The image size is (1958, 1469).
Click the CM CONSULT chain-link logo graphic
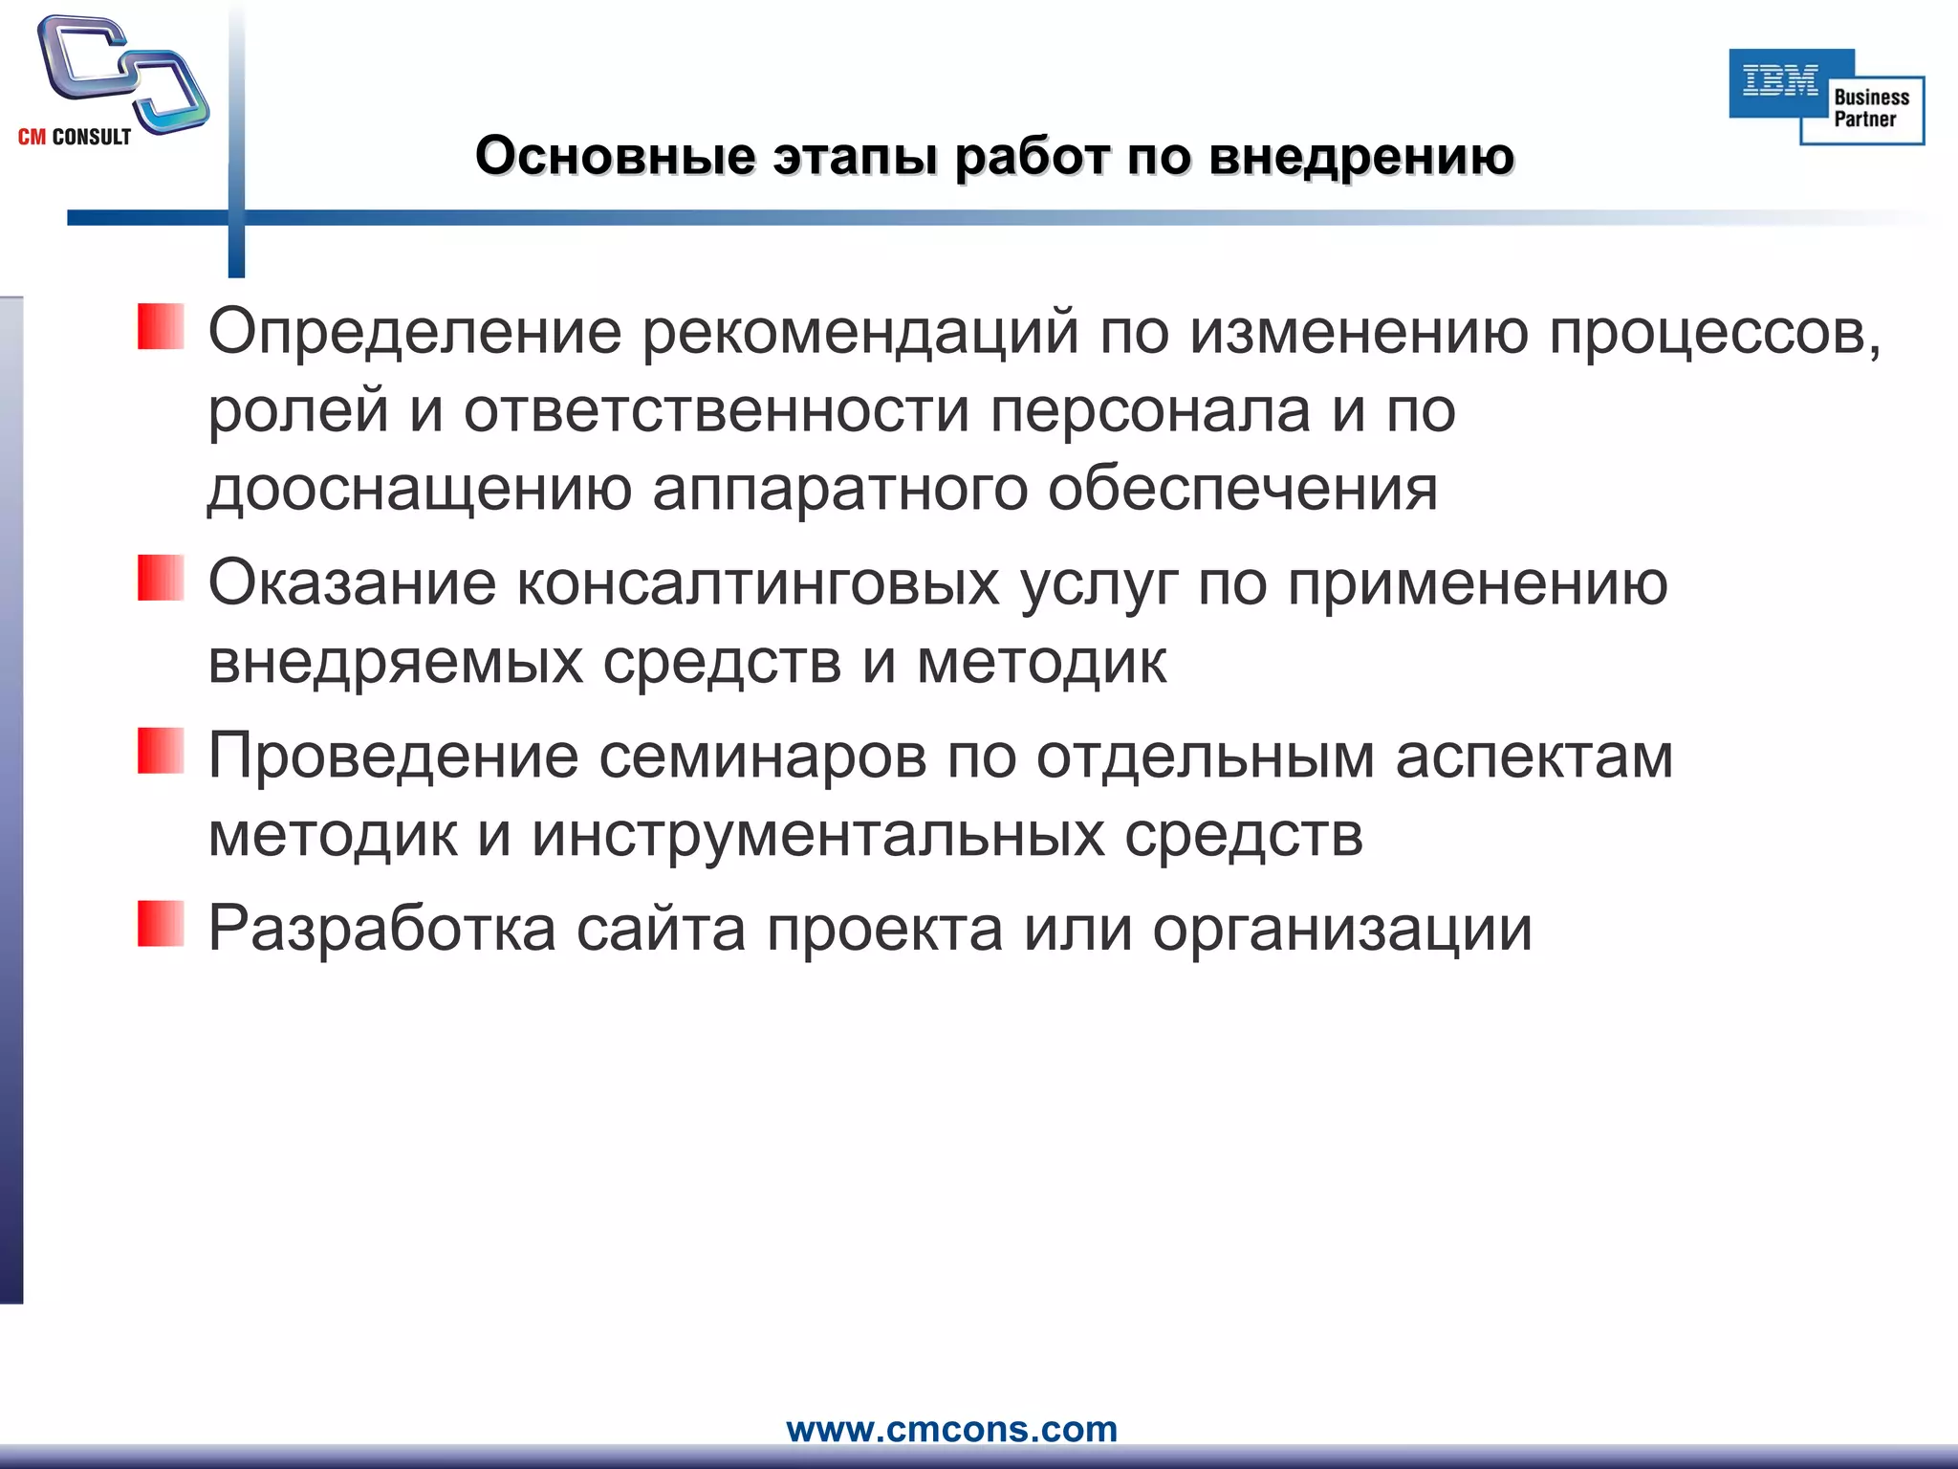[121, 75]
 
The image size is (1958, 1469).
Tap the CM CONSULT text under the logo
[75, 138]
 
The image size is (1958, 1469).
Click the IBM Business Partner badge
[1826, 97]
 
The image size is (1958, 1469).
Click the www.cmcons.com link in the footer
[951, 1429]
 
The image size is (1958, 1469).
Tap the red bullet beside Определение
[160, 327]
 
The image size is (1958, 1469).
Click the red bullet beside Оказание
[160, 578]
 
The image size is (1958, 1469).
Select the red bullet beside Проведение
[160, 751]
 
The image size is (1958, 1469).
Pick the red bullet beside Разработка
[160, 924]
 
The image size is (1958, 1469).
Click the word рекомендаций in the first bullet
[859, 333]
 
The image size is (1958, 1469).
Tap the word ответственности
[716, 411]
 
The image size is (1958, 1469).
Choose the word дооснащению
[420, 490]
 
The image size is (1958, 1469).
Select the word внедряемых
[395, 662]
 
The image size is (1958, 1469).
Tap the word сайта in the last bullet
[661, 929]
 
